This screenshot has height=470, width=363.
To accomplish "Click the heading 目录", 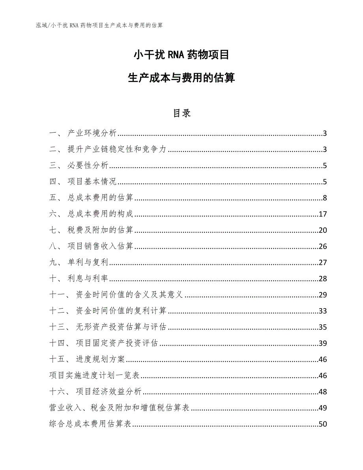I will tap(181, 113).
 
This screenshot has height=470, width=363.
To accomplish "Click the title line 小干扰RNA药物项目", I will tap(181, 54).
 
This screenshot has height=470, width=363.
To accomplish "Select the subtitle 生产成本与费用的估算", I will tap(181, 78).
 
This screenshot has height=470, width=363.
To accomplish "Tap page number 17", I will tap(323, 214).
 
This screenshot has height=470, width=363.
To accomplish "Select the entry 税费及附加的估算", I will tap(101, 230).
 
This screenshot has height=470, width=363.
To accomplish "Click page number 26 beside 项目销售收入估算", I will tap(323, 247).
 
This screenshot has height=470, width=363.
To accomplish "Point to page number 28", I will tap(323, 279).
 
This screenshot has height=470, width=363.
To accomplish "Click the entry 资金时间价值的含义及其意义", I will tap(130, 295).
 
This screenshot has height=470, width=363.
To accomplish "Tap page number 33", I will tap(323, 311).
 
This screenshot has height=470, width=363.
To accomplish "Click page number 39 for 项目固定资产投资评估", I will tap(323, 343).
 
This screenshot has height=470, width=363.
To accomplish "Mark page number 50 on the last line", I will tap(323, 424).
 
